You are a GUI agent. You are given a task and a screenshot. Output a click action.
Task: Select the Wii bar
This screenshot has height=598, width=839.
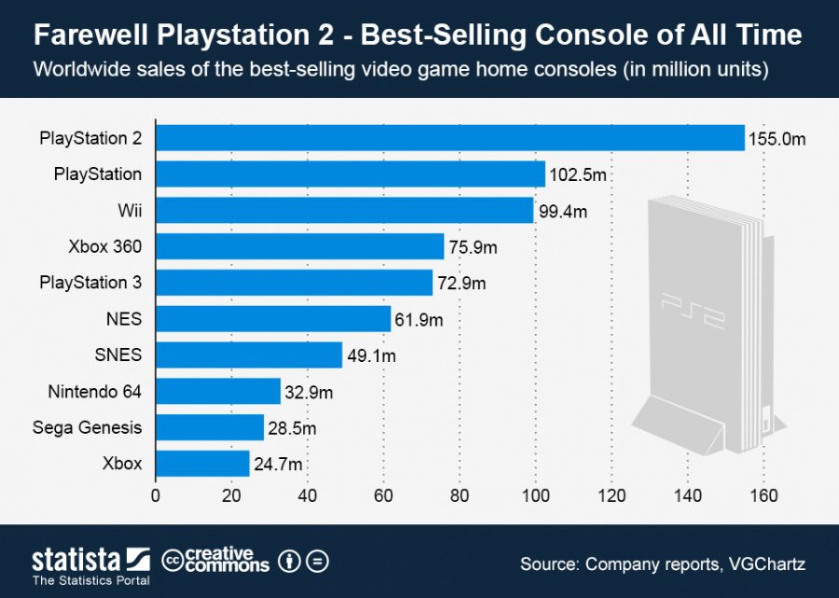tap(344, 210)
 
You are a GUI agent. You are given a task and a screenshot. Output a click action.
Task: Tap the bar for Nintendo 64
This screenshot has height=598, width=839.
tap(217, 391)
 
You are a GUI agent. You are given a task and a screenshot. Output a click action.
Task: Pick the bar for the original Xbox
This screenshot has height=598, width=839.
tap(202, 464)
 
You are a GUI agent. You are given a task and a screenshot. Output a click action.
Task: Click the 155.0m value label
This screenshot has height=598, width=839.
tap(776, 140)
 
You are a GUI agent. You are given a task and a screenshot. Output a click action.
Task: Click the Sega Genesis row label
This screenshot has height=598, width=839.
tap(87, 427)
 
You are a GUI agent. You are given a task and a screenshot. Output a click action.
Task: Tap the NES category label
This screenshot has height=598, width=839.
tap(124, 319)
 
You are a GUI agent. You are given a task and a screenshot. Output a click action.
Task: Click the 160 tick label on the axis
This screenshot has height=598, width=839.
tap(764, 495)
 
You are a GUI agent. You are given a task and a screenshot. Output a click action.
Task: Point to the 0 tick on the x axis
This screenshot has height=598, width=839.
tap(156, 495)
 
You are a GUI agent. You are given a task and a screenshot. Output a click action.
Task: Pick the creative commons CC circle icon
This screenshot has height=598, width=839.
tap(172, 561)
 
